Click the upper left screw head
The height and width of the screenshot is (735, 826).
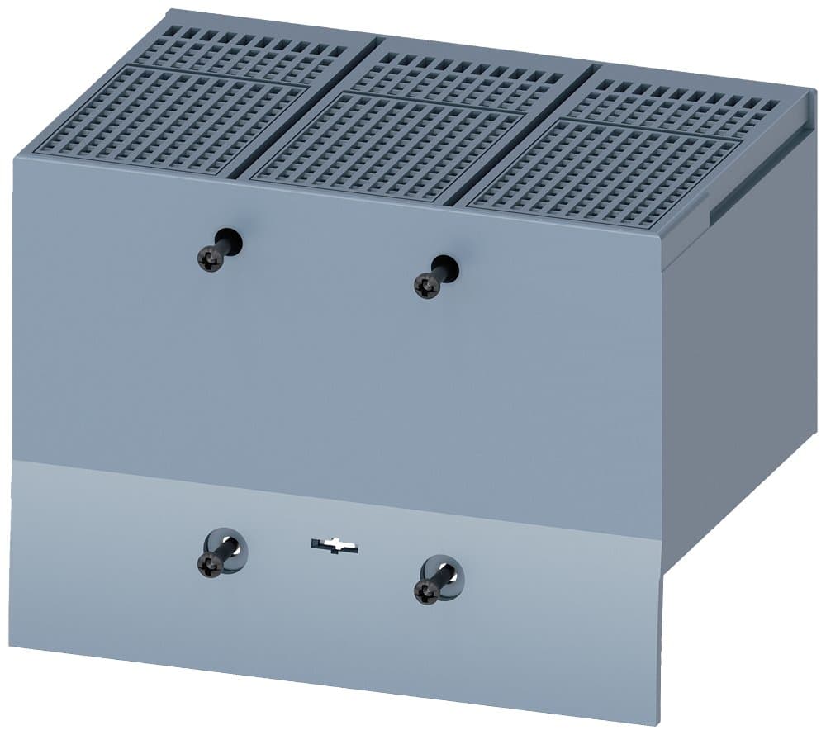[x=210, y=260]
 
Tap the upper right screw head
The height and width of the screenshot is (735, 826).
[x=427, y=287]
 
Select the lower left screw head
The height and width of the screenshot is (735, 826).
[x=210, y=565]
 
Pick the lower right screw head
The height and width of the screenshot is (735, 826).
[x=427, y=591]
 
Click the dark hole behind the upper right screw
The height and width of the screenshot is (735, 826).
[x=448, y=268]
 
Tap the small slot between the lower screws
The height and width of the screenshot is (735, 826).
[x=335, y=546]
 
